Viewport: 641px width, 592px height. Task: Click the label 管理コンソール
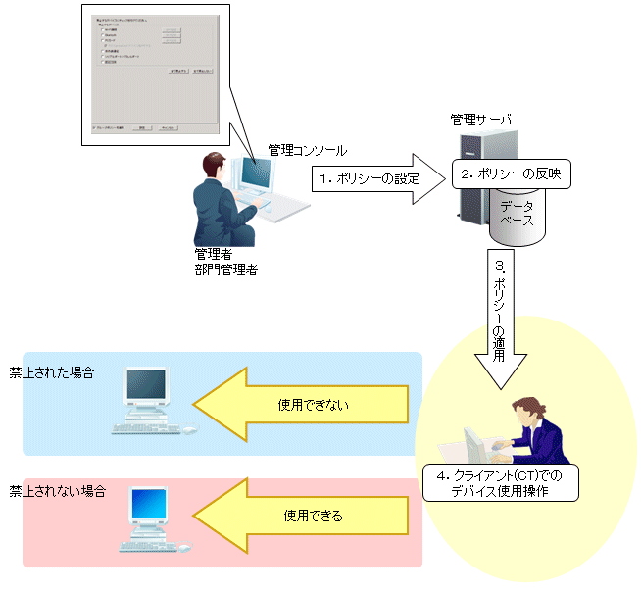point(307,150)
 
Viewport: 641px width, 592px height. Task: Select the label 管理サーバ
point(480,121)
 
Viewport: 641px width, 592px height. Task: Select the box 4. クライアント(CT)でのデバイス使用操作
point(500,483)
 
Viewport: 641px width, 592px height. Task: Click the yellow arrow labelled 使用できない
point(304,404)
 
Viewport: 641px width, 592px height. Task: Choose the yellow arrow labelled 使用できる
point(304,515)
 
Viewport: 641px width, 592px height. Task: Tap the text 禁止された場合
point(52,373)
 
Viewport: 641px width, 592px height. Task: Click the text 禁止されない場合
point(58,488)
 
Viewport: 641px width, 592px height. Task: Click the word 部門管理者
point(226,270)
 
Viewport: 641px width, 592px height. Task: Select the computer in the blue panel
point(151,400)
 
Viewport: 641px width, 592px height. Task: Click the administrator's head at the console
point(214,167)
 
